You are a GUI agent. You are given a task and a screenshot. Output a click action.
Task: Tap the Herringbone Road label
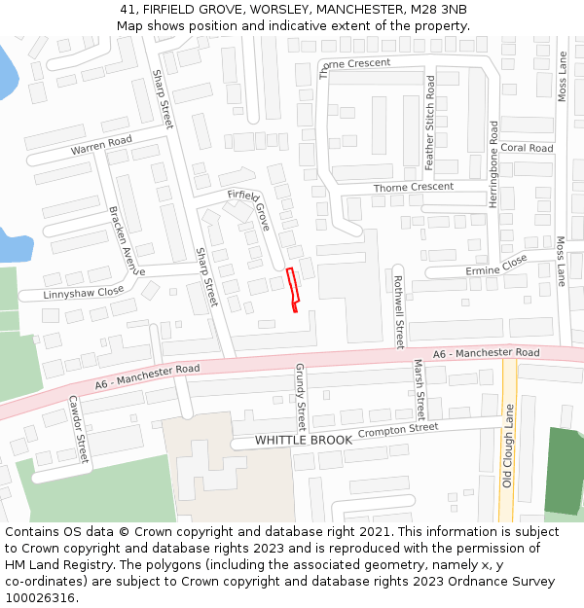pyautogui.click(x=493, y=161)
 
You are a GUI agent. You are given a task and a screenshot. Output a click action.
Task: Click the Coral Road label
pyautogui.click(x=527, y=149)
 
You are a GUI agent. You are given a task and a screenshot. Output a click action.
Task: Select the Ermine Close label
pyautogui.click(x=495, y=265)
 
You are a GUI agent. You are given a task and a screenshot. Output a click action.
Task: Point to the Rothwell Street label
pyautogui.click(x=398, y=311)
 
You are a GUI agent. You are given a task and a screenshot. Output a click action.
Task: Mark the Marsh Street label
pyautogui.click(x=420, y=387)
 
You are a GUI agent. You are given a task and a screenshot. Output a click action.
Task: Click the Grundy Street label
pyautogui.click(x=301, y=397)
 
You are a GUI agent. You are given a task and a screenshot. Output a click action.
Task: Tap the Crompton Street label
pyautogui.click(x=398, y=429)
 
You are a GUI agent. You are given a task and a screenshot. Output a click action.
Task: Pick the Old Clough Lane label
pyautogui.click(x=507, y=447)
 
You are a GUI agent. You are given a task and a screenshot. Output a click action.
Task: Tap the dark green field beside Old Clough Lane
pyautogui.click(x=564, y=471)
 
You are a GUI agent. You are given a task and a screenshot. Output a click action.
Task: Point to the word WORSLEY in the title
pyautogui.click(x=271, y=9)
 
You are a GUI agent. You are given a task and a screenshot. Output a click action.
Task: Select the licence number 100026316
pyautogui.click(x=40, y=597)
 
